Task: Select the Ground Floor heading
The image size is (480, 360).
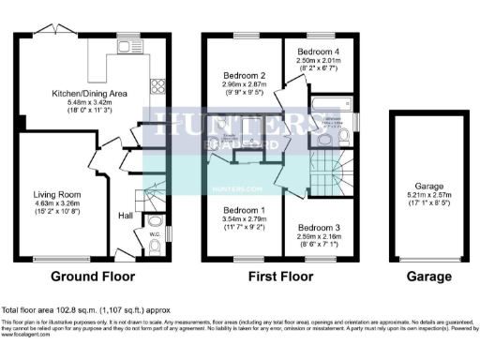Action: [93, 277]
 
